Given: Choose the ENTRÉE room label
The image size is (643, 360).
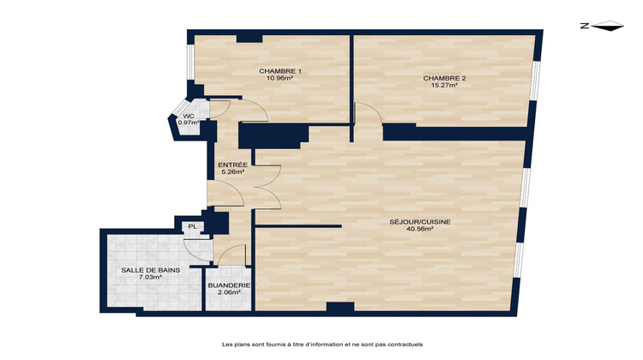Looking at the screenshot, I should [232, 165].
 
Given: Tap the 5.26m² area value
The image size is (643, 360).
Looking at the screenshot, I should [232, 171].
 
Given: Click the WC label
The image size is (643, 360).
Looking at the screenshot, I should [188, 116].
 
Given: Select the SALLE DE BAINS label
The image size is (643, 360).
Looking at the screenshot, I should [144, 270].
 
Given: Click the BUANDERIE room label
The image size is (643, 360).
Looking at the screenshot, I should [228, 285].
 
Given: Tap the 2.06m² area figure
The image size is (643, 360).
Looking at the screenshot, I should [228, 292].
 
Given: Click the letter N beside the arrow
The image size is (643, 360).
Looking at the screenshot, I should [584, 27].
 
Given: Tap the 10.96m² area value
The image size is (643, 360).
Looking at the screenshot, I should [279, 78].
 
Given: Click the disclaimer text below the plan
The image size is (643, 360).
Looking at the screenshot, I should [321, 345].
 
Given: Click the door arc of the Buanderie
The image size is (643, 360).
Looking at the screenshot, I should [233, 255].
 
